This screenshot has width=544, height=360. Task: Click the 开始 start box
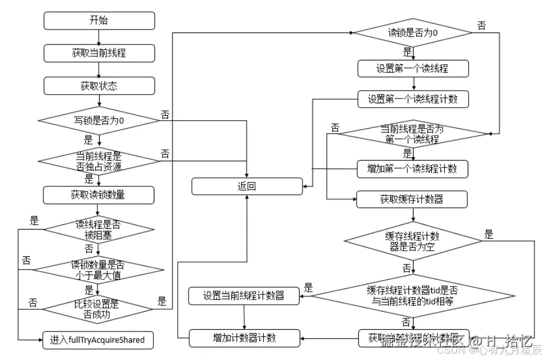(x=99, y=21)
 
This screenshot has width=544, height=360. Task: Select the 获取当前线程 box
(x=99, y=53)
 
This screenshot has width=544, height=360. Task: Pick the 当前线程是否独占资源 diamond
(x=99, y=161)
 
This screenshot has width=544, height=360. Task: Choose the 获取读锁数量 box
(x=99, y=195)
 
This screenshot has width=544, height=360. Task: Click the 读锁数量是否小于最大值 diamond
(x=99, y=269)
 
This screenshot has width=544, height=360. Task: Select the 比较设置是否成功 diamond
(x=99, y=308)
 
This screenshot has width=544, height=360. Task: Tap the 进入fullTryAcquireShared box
(x=99, y=340)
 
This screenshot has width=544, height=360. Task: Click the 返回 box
(x=247, y=186)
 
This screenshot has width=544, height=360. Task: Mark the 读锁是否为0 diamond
(x=413, y=33)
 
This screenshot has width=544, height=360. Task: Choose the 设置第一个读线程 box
(x=413, y=68)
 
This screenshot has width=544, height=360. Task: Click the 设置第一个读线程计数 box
(x=413, y=99)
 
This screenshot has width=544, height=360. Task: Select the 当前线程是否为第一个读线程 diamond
(x=413, y=134)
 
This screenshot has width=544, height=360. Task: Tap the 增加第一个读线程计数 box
(x=413, y=169)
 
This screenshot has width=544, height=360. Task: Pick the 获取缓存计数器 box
(x=413, y=199)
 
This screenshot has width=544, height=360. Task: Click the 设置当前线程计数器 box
(x=244, y=296)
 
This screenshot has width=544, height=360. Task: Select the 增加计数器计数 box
(x=244, y=338)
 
